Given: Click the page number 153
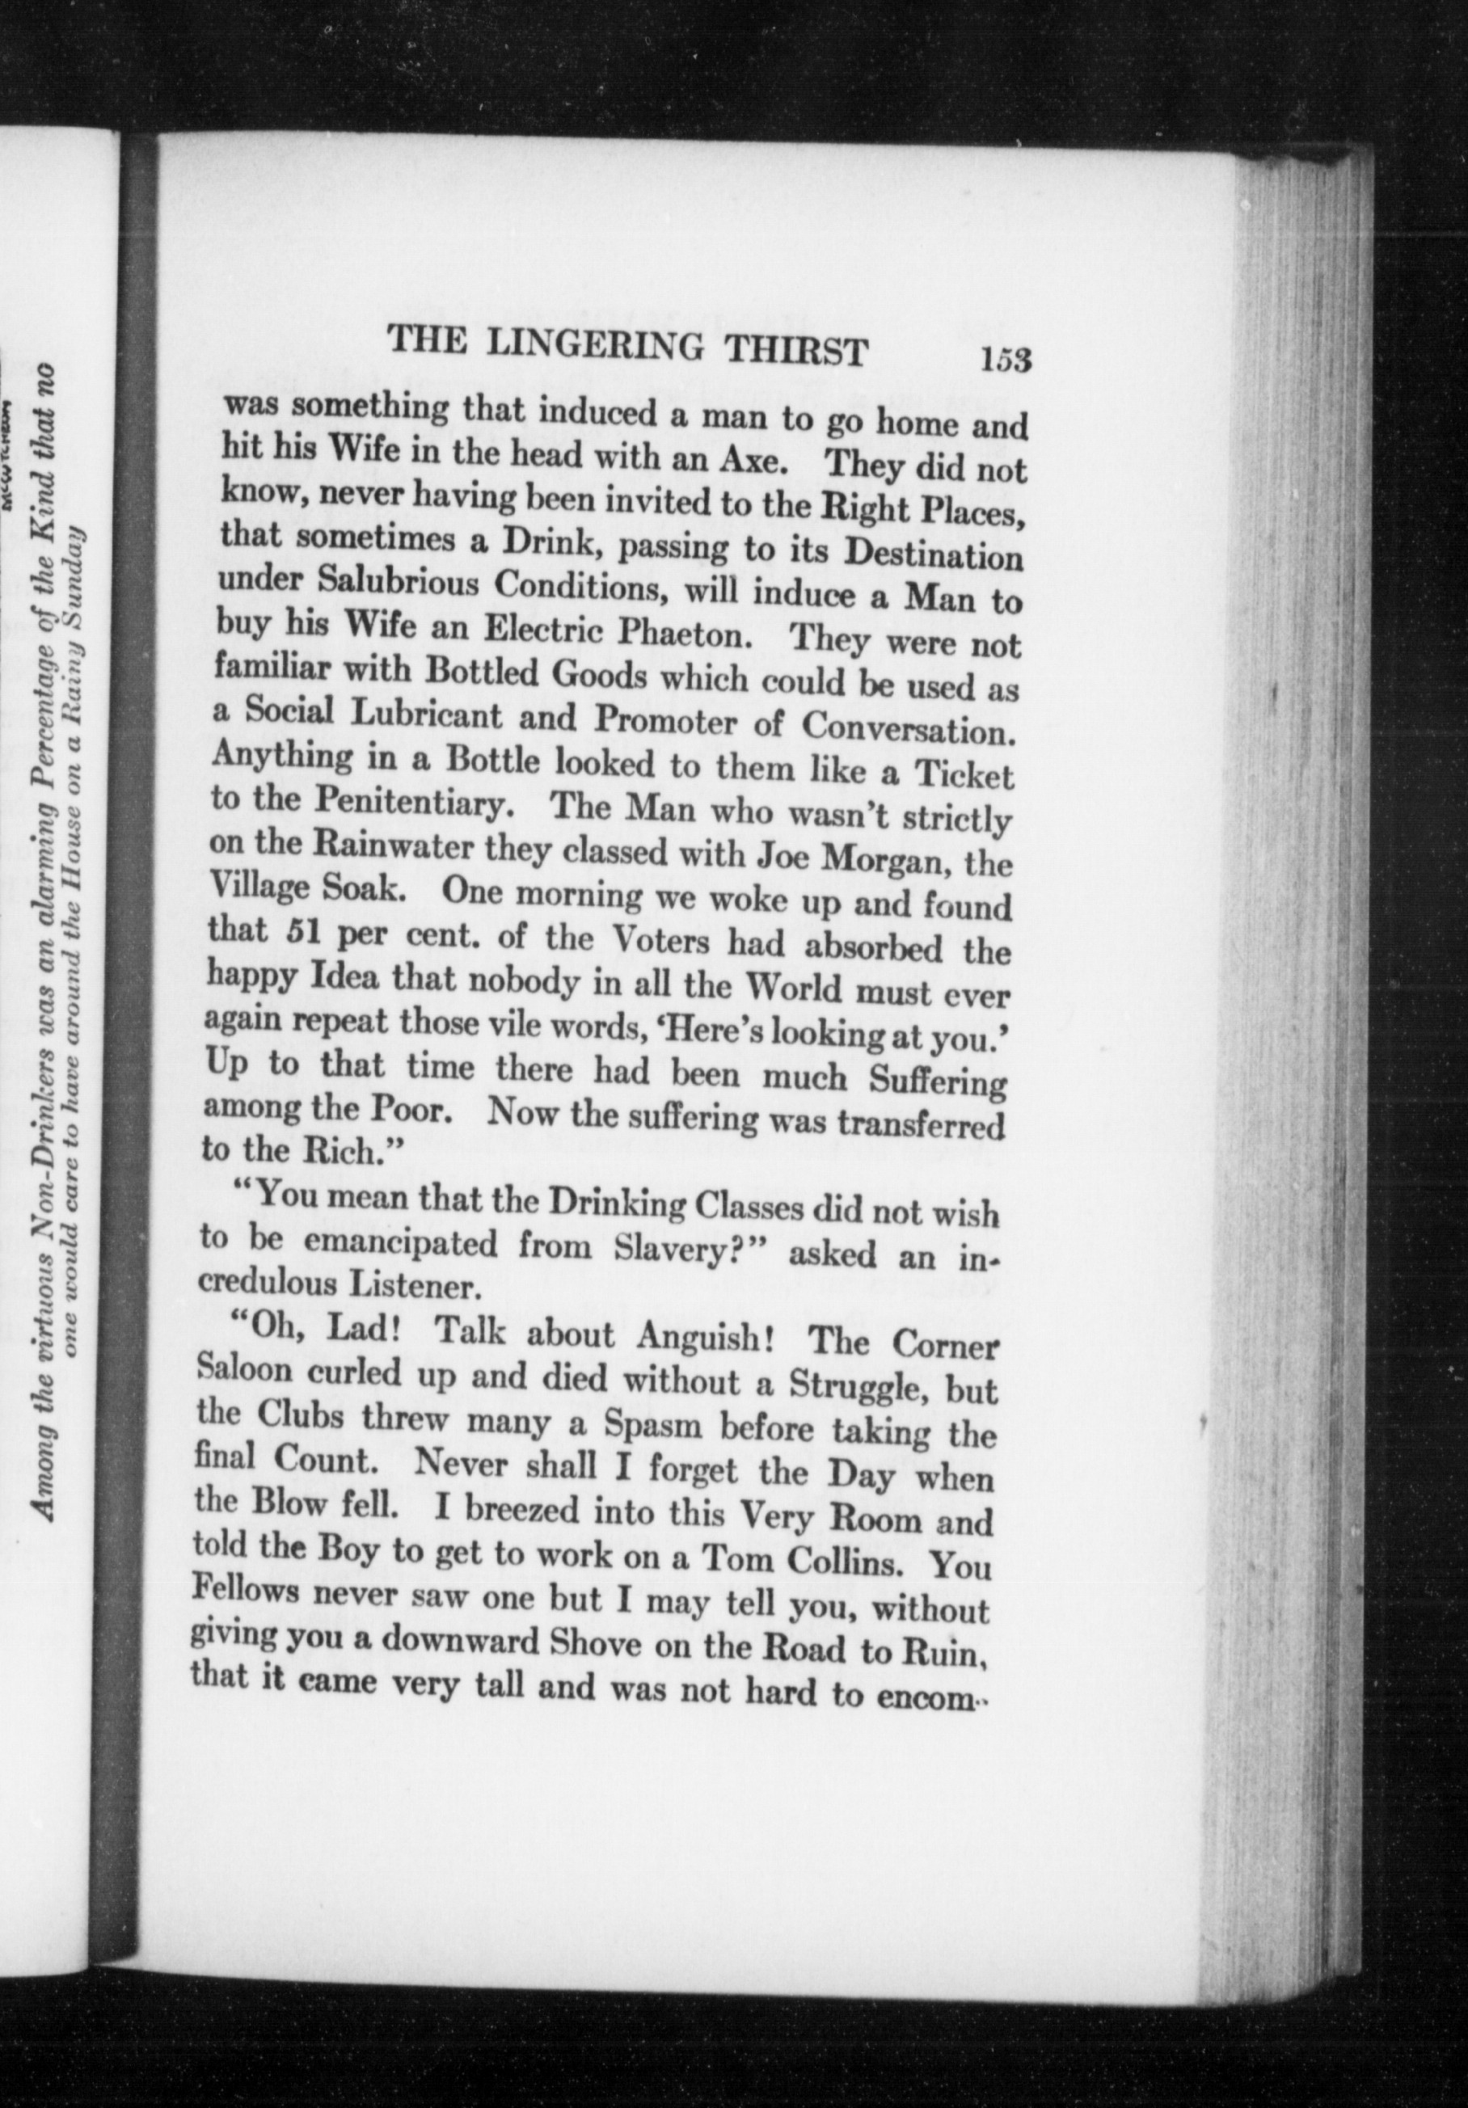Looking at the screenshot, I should [x=1006, y=360].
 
